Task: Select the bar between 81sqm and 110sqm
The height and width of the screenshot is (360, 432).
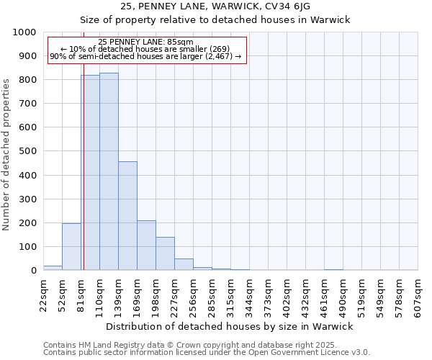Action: point(91,173)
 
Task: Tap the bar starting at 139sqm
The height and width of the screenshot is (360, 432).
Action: point(127,216)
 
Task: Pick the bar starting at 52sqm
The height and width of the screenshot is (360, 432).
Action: point(71,247)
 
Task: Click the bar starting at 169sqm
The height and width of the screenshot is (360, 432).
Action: point(146,246)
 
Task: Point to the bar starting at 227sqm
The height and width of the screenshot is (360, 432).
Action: point(184,264)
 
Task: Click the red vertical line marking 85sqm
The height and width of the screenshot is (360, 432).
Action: point(84,180)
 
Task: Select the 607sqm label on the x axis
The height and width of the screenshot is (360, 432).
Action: point(418,295)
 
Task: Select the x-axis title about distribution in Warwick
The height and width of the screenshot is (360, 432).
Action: point(229,326)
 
